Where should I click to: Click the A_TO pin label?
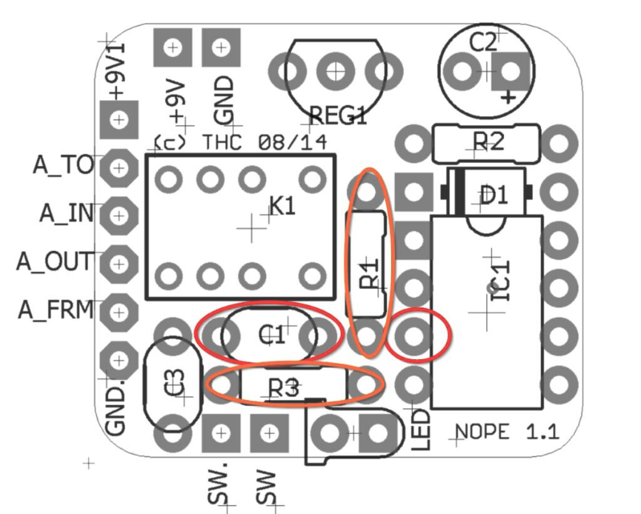coord(63,164)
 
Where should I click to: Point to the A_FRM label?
coord(56,310)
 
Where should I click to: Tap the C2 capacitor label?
coord(482,42)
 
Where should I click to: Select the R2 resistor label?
coord(487,143)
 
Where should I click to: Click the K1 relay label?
coord(281,207)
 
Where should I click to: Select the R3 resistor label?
coord(284,388)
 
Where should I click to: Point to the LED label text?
coord(422,430)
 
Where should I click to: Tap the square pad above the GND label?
coord(220,47)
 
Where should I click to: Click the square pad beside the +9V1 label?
coord(119,120)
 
